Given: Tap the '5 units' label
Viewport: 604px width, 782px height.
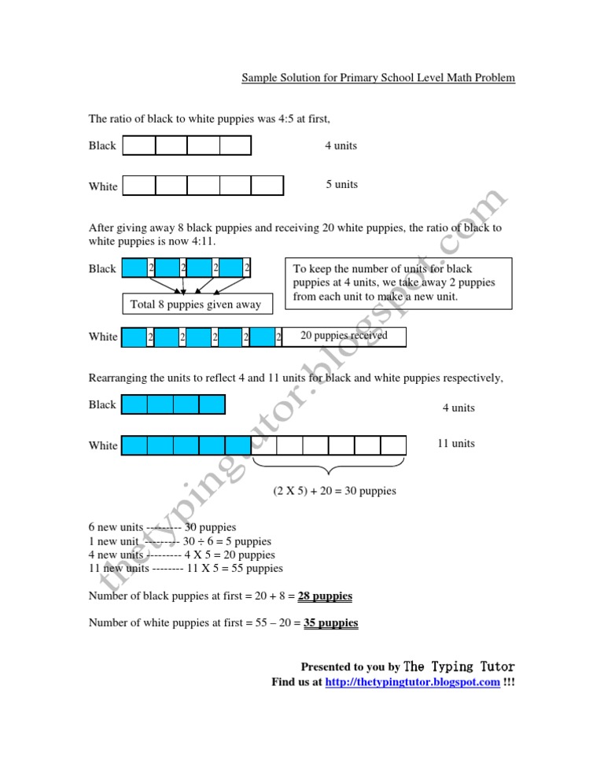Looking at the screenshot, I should pyautogui.click(x=341, y=185).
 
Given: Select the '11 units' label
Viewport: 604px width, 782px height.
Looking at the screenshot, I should pyautogui.click(x=456, y=444).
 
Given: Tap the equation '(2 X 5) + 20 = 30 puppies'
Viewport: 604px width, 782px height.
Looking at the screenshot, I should pyautogui.click(x=334, y=491).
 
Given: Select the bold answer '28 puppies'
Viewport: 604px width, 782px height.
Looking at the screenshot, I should pyautogui.click(x=325, y=596).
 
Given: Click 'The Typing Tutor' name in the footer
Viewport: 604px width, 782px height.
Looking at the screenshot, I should pyautogui.click(x=459, y=666).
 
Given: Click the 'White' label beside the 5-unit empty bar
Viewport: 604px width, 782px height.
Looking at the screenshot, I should pyautogui.click(x=103, y=186).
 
